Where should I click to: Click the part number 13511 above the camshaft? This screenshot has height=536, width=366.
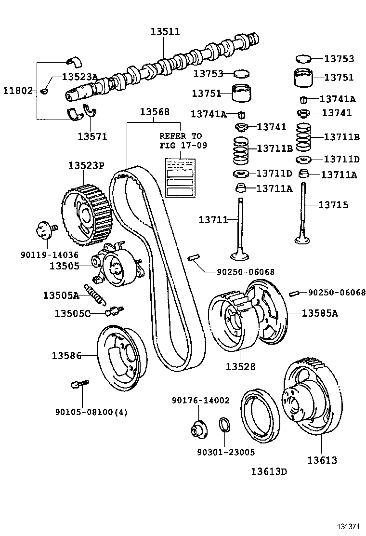(x=165, y=32)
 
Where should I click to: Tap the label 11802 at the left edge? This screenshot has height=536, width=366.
(x=18, y=91)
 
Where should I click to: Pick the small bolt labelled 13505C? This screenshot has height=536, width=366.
(x=115, y=310)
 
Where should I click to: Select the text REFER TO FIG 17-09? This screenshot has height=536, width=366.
(x=181, y=141)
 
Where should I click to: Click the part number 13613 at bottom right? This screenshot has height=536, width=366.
(x=322, y=460)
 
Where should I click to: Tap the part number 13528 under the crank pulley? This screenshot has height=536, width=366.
(x=240, y=367)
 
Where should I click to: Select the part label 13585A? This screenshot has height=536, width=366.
(x=320, y=313)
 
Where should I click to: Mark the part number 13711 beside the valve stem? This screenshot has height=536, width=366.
(x=213, y=220)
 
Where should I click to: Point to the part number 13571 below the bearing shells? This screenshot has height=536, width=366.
(x=92, y=136)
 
